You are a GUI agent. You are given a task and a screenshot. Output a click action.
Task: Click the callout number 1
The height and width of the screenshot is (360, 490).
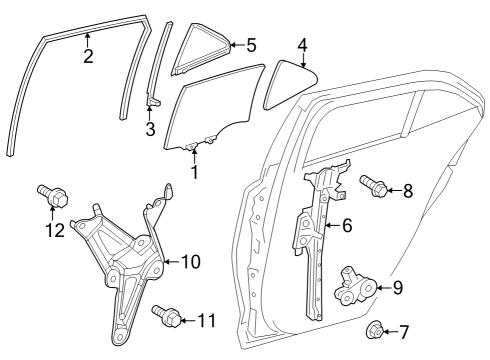tap(194, 172)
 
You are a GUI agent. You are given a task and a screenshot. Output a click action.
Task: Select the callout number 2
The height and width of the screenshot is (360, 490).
tap(88, 56)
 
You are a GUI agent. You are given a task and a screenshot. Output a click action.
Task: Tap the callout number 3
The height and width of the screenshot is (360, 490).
tap(150, 129)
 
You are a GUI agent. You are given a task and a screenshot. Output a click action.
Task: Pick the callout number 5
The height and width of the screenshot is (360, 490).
tap(251, 44)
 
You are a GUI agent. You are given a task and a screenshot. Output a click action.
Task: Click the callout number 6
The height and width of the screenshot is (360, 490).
tap(347, 226)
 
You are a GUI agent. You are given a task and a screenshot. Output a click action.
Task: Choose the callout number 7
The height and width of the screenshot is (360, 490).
tap(404, 331)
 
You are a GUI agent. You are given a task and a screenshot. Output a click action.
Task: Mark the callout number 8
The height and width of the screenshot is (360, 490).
tap(407, 189)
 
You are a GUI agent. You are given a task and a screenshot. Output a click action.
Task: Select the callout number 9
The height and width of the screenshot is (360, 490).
tap(397, 288)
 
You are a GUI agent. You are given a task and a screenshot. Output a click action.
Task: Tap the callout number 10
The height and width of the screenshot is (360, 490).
tap(189, 262)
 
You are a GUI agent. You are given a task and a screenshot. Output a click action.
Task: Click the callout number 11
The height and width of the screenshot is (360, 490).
tap(206, 321)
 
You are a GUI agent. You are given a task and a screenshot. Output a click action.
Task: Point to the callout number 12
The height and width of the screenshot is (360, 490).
tap(26, 231)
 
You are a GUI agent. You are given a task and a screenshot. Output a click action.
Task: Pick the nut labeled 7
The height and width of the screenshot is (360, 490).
tap(375, 330)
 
